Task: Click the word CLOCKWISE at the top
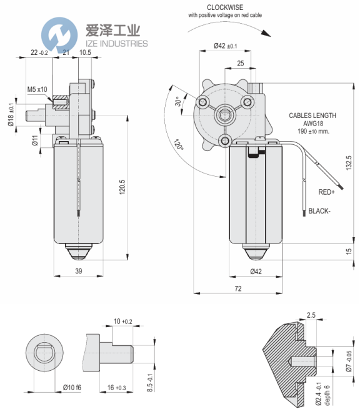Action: pyautogui.click(x=225, y=7)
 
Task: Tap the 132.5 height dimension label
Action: pyautogui.click(x=348, y=163)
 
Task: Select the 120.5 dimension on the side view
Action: pyautogui.click(x=122, y=187)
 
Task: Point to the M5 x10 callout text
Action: pyautogui.click(x=37, y=89)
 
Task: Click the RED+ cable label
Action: pyautogui.click(x=327, y=192)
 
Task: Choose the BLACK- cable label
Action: pyautogui.click(x=319, y=211)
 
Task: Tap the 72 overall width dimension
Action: pyautogui.click(x=238, y=288)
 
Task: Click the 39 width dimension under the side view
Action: pyautogui.click(x=79, y=271)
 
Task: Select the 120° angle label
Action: pyautogui.click(x=178, y=144)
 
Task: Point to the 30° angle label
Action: pyautogui.click(x=178, y=101)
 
